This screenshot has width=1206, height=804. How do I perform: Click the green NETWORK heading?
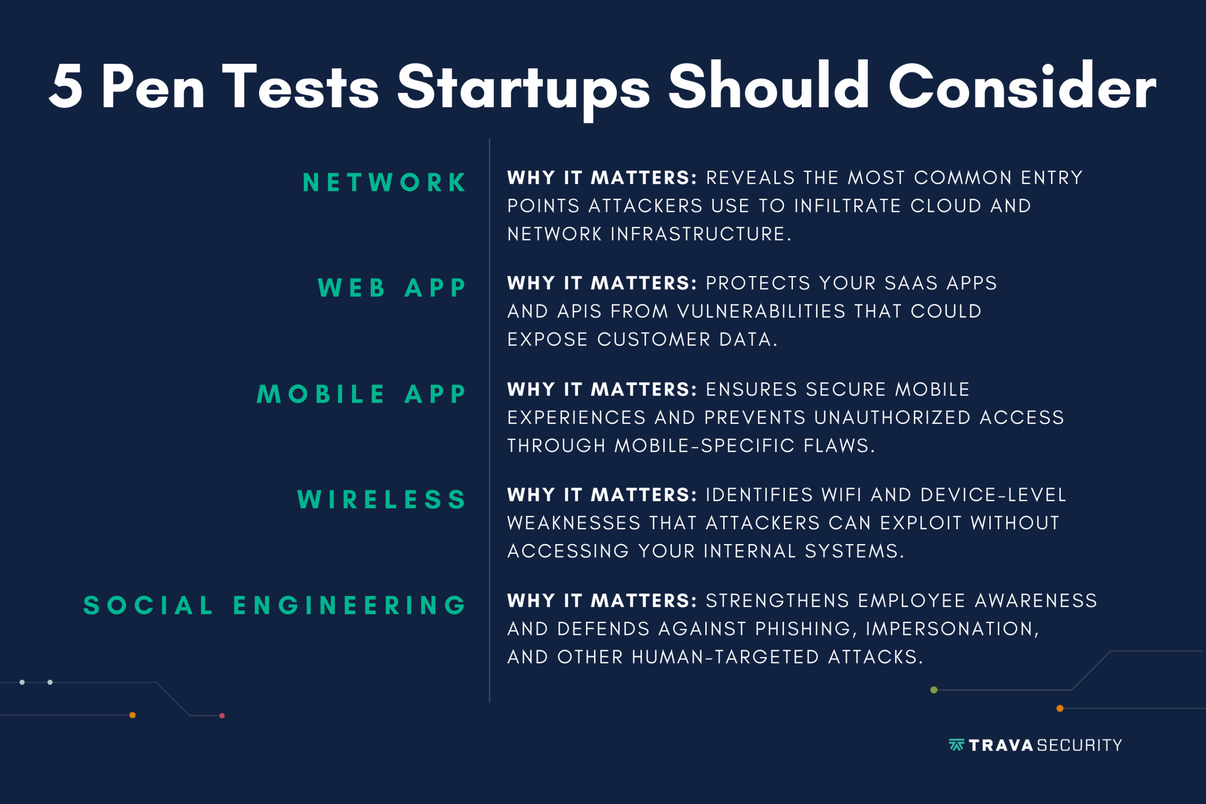tap(384, 183)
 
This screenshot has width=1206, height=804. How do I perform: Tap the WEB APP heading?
tap(392, 288)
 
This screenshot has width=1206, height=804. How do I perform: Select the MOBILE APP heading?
tap(361, 394)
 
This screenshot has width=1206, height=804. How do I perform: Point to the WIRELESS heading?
tap(382, 499)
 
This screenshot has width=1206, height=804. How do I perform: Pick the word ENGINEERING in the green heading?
tap(350, 605)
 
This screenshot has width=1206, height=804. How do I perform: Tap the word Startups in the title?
tap(523, 90)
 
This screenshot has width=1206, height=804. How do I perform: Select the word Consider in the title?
tap(1022, 86)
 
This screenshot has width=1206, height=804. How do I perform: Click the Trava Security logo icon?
tap(956, 745)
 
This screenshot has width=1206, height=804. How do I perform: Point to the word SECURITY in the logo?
tap(1079, 745)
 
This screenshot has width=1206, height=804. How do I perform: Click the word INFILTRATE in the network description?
tap(847, 206)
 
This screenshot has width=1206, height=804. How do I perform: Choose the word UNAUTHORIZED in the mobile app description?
tap(892, 417)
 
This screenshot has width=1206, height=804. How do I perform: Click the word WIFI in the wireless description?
tap(841, 495)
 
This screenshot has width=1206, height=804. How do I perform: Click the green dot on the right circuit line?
tap(934, 690)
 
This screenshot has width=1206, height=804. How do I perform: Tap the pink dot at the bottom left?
tap(222, 716)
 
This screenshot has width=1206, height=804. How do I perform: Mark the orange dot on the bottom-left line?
tap(132, 715)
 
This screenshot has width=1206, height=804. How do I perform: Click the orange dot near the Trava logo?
tap(1060, 709)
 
